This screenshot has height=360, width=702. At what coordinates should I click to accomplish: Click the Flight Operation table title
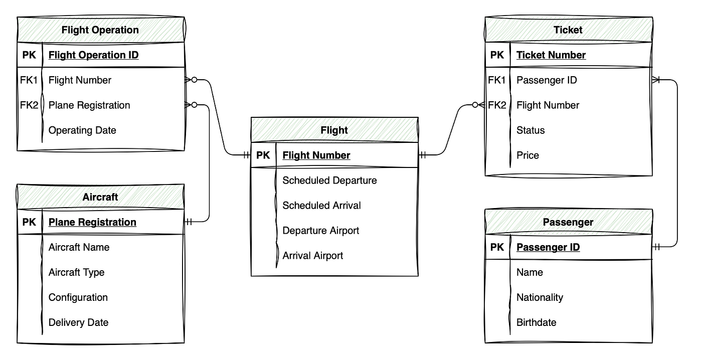100,30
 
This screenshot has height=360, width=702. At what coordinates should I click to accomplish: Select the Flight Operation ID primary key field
93,55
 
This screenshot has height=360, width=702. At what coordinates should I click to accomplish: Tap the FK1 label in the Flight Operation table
29,80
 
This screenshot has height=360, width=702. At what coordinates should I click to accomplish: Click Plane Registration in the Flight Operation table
89,105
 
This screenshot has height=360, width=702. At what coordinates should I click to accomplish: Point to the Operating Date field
82,130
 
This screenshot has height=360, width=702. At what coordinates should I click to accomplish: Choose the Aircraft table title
100,197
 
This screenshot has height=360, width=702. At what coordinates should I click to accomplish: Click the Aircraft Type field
76,272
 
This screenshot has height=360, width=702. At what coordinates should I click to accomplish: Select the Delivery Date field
78,322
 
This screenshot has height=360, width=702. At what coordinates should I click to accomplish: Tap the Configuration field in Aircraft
78,297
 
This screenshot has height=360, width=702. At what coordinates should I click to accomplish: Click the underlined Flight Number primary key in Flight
316,155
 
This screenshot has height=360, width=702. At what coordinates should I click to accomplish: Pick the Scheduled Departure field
329,181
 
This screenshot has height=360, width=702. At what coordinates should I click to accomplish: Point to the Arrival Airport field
312,256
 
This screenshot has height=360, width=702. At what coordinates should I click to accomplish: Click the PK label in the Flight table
263,155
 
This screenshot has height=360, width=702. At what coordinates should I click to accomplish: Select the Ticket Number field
551,55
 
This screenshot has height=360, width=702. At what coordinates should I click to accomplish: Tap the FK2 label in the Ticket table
496,105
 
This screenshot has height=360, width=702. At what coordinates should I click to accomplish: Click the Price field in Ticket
528,155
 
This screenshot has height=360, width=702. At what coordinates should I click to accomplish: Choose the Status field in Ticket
530,130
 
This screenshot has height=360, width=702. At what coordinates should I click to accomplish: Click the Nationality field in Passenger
540,297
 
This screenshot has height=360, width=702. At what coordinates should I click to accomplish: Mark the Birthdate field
536,322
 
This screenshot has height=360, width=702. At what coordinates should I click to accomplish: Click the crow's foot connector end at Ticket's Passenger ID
657,80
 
